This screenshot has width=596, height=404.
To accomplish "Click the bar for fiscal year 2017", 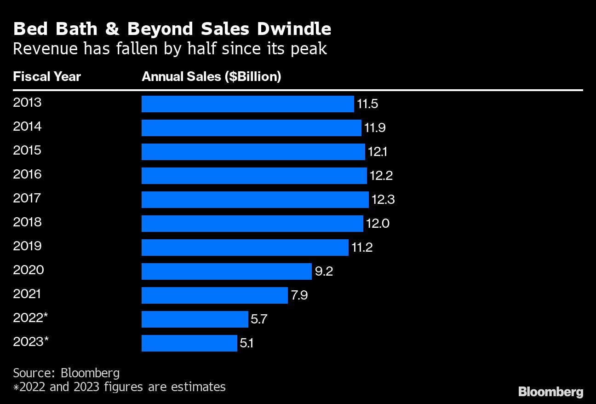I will [x=255, y=200].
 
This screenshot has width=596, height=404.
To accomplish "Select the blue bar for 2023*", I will [x=189, y=343].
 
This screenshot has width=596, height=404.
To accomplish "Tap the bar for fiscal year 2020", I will [x=226, y=271].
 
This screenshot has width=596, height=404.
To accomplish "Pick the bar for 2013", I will [x=247, y=104].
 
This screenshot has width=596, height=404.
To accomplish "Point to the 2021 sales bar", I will [x=214, y=295].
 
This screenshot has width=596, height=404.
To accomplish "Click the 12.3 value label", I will [x=383, y=200].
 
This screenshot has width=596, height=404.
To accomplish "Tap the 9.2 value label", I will [x=324, y=271].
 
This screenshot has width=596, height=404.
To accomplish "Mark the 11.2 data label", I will [x=362, y=248].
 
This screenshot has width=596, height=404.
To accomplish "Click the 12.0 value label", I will [x=378, y=224].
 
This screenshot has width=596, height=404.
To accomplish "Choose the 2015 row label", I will [x=27, y=150].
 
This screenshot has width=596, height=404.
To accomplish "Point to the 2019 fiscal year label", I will [x=27, y=246].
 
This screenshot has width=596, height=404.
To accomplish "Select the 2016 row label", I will [x=27, y=174].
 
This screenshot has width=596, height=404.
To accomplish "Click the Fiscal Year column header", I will [x=47, y=76].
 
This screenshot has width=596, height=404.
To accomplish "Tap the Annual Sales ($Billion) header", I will [x=212, y=76].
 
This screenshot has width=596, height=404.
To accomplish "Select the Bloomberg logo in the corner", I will [x=550, y=392].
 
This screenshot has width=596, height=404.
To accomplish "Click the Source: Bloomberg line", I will [x=66, y=372].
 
